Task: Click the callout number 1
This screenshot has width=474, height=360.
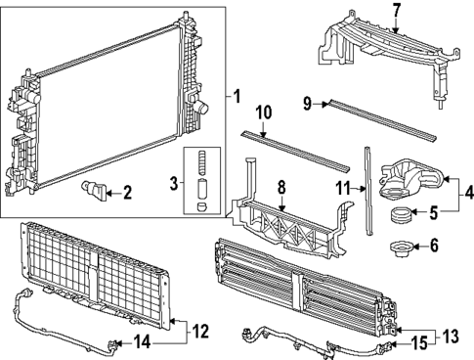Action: pos(237,96)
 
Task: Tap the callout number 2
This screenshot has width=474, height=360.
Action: pos(126,193)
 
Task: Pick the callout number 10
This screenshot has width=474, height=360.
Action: pos(263,113)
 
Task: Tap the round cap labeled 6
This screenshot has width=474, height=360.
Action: pos(399,249)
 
